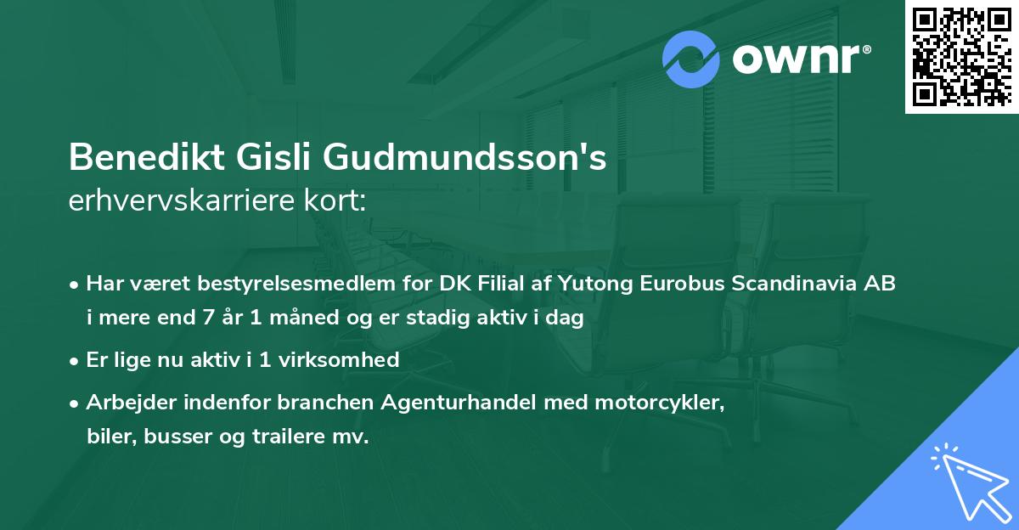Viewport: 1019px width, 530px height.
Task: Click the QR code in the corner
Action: click(962, 57)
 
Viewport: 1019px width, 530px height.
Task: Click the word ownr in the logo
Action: click(800, 59)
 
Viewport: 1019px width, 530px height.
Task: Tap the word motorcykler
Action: click(670, 402)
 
